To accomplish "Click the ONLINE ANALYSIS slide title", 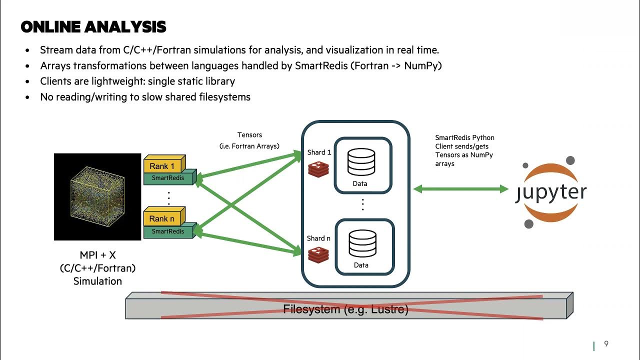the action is (93, 27).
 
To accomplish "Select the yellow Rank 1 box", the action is (162, 166).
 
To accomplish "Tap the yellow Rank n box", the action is (162, 218).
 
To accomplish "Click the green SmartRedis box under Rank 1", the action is (168, 178).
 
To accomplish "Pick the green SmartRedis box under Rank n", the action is (168, 231).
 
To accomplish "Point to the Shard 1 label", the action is (319, 152).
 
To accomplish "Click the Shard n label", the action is (319, 238).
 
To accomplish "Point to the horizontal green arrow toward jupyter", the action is (461, 188).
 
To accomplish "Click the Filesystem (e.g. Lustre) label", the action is (346, 309).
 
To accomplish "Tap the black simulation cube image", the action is (97, 196).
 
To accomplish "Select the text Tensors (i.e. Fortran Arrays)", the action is (249, 140).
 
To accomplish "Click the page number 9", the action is (606, 343).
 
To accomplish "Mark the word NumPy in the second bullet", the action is (423, 65).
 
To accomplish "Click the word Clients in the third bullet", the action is (55, 81).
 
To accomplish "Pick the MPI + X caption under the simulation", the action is (97, 255).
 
